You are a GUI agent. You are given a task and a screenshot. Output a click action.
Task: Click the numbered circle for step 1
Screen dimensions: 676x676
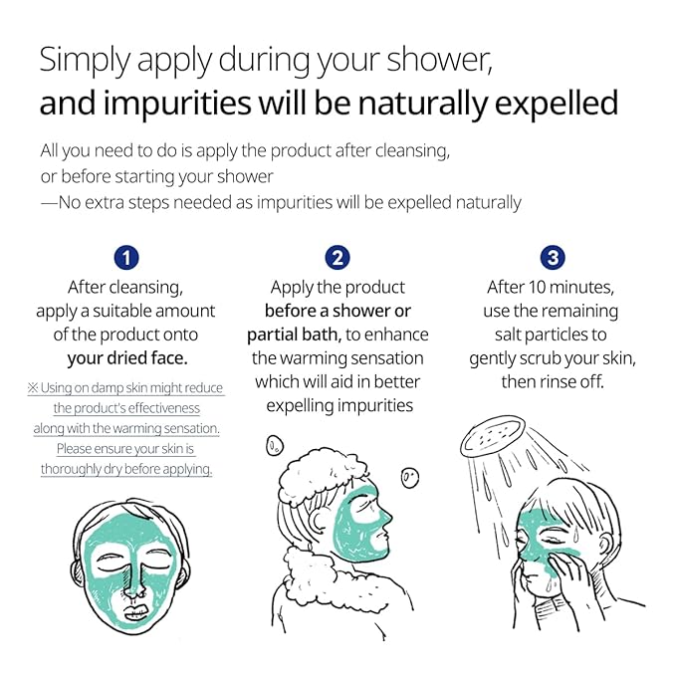tap(126, 258)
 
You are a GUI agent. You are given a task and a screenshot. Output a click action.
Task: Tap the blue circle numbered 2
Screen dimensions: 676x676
tap(338, 258)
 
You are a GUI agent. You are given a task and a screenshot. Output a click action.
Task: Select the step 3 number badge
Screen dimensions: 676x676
tap(553, 258)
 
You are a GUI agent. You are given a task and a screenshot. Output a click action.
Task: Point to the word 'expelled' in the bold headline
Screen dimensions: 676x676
tap(557, 105)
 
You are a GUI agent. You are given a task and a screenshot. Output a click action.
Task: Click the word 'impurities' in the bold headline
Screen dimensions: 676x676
tap(177, 105)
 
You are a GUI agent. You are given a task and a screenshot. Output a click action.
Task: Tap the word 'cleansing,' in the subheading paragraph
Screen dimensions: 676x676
tap(412, 151)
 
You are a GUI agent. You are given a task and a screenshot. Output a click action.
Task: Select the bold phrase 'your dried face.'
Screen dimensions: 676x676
tap(127, 358)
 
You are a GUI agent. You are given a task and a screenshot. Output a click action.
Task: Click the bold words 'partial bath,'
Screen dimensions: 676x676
tap(294, 335)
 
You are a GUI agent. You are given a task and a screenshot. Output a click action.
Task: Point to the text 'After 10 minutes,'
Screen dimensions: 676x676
tap(551, 287)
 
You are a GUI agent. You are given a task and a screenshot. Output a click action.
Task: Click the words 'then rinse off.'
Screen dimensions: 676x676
tap(553, 381)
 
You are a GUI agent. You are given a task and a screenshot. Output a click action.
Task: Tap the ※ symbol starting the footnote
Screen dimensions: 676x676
tap(33, 387)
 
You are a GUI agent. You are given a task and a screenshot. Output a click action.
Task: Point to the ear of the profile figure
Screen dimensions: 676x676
tap(320, 519)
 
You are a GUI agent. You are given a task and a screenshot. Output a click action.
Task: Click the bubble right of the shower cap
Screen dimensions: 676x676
tap(410, 478)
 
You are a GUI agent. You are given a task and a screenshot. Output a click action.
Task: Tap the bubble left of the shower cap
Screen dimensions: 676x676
tap(274, 445)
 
